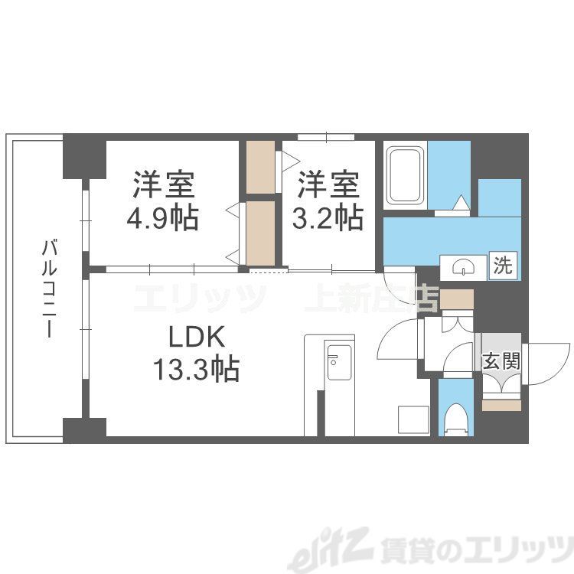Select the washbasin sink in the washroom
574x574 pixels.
[465, 266]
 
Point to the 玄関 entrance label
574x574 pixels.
[501, 360]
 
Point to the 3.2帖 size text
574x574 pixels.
[328, 219]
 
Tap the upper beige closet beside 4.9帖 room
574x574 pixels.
[261, 167]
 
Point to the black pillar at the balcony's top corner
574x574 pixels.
[83, 154]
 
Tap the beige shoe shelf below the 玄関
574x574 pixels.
[501, 401]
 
